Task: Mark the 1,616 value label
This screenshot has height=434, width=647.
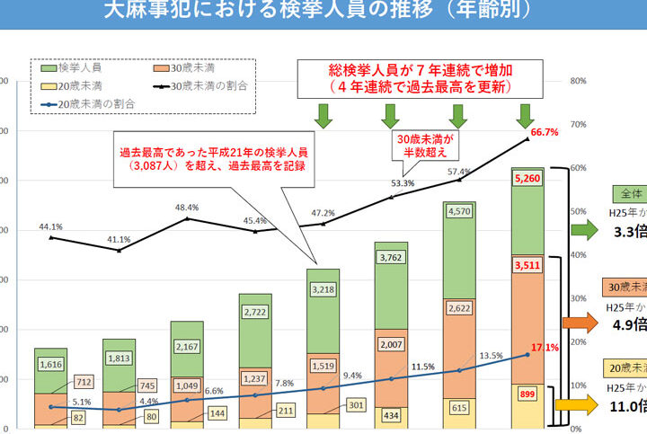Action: pyautogui.click(x=52, y=365)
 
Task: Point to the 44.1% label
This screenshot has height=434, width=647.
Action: pyautogui.click(x=52, y=226)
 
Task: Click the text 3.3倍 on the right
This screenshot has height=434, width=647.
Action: pyautogui.click(x=629, y=232)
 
